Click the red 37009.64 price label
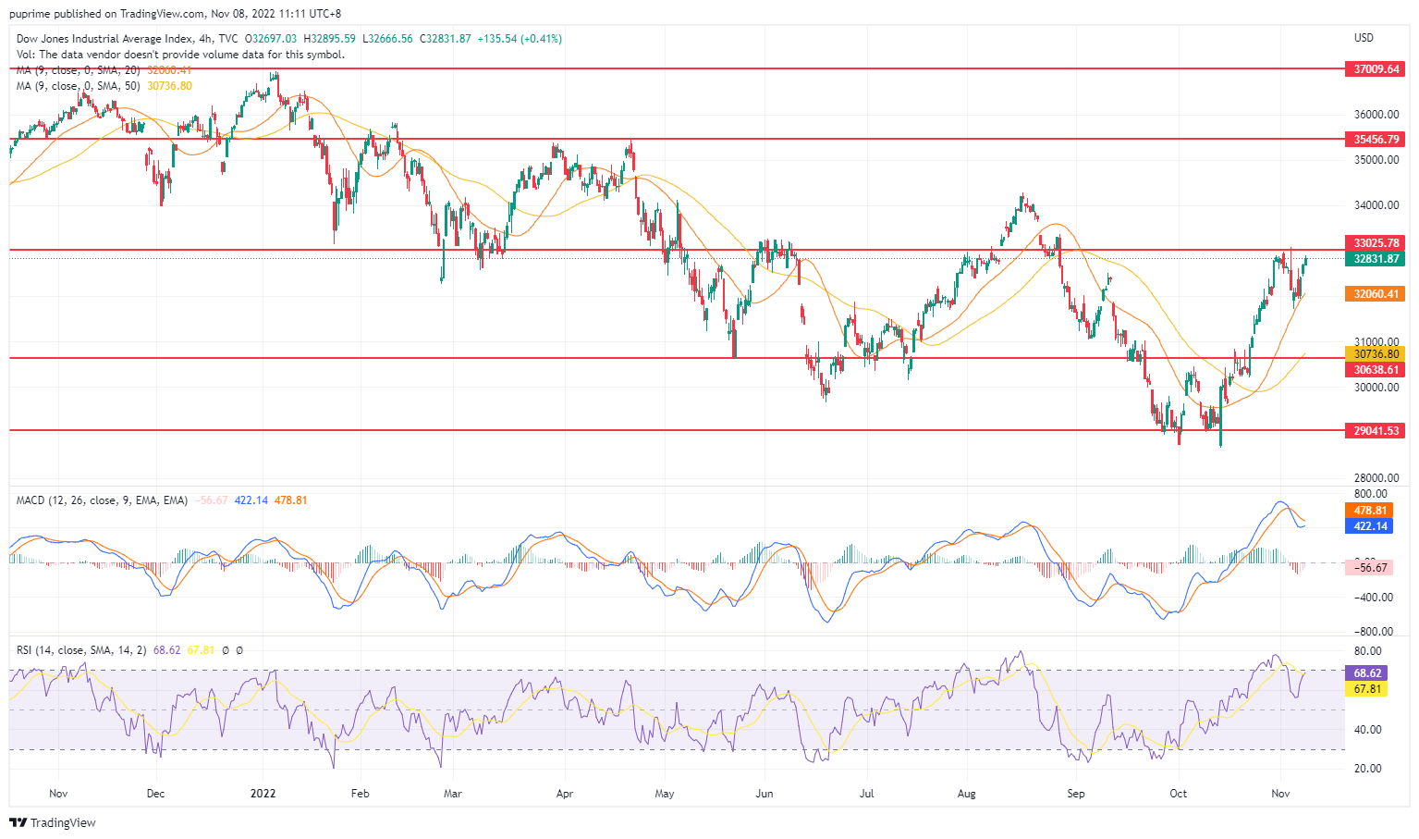1376,69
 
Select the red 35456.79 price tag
1376,140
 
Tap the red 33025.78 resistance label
1376,243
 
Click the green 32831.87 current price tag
1376,259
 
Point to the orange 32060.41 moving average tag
1376,294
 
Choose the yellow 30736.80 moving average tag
1376,354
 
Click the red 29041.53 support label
1376,431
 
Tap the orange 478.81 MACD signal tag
1370,511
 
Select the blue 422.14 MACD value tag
1370,526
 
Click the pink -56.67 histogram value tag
1370,568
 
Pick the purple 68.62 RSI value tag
1367,673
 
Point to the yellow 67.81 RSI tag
1367,689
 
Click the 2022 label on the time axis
263,794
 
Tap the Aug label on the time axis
966,794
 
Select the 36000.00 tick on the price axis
1376,115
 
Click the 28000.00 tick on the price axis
1376,478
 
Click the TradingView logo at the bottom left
53,822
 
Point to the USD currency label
1364,38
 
